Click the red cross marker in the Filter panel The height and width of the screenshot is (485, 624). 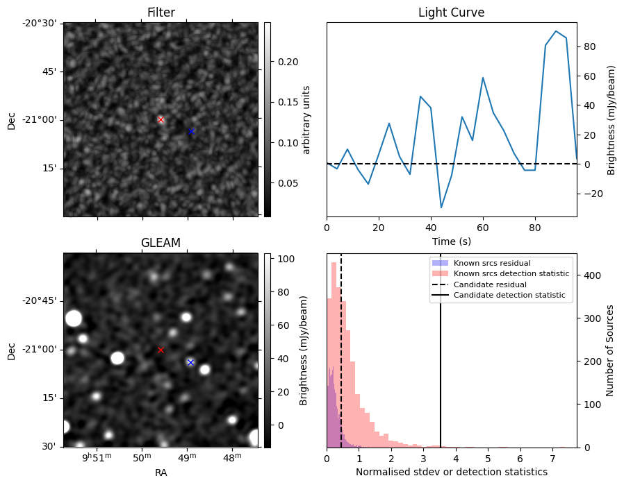[x=161, y=119]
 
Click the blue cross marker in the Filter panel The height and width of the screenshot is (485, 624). [x=191, y=131]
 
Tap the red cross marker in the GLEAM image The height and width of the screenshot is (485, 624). [x=161, y=350]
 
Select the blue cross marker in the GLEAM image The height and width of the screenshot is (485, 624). [x=190, y=362]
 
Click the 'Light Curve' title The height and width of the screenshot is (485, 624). [x=451, y=12]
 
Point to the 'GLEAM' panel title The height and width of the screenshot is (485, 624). [x=161, y=243]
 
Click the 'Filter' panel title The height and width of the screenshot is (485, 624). [x=161, y=12]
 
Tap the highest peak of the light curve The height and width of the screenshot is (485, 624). [x=556, y=31]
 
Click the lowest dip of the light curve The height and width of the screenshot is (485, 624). [x=441, y=207]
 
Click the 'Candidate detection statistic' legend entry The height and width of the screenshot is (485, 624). [x=499, y=296]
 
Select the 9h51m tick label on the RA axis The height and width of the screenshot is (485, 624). [x=97, y=458]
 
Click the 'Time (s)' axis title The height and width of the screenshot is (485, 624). [x=451, y=240]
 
